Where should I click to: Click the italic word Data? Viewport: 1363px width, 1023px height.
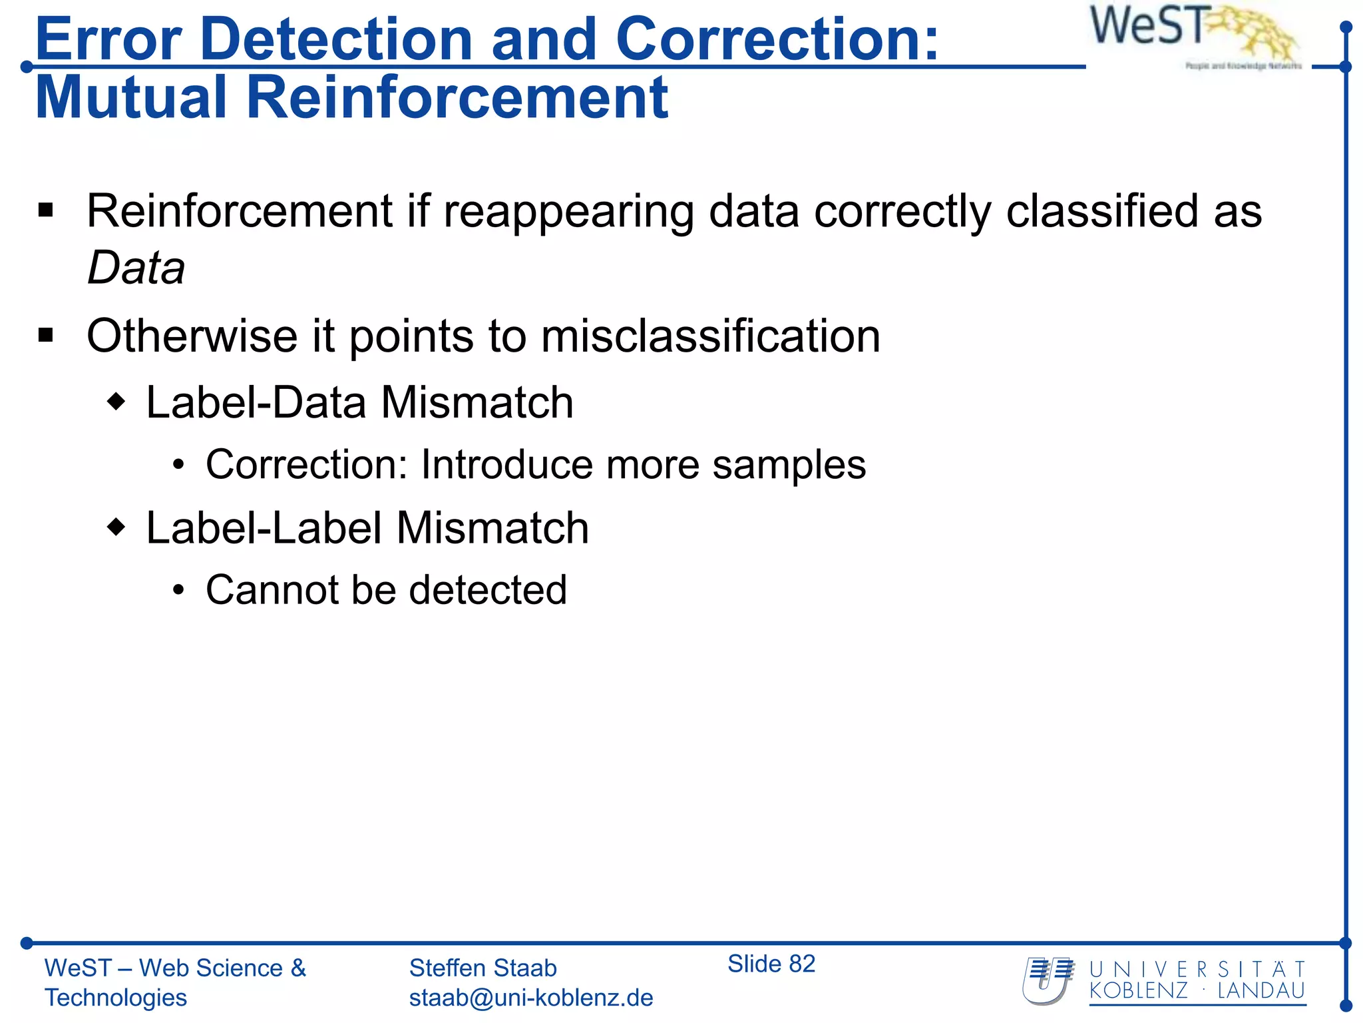pos(136,268)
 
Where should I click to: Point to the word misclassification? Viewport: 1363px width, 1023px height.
pos(710,336)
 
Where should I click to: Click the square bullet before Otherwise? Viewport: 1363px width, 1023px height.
pos(46,335)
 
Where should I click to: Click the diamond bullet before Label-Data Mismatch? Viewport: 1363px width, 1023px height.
pos(116,402)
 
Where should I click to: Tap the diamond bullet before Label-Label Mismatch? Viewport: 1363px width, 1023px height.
pos(116,527)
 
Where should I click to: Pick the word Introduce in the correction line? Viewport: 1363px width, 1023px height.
pos(506,464)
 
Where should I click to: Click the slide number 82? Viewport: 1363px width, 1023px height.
pos(802,964)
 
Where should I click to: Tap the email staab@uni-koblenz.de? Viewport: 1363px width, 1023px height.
pos(530,998)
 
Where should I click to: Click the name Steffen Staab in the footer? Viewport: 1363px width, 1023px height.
pos(483,968)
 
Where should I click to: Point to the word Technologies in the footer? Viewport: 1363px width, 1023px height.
pos(116,998)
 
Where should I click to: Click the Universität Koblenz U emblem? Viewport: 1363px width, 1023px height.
pos(1048,980)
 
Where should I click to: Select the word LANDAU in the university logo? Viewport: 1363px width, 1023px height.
pos(1261,990)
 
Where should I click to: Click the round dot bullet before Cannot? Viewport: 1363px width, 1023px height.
pos(178,591)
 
